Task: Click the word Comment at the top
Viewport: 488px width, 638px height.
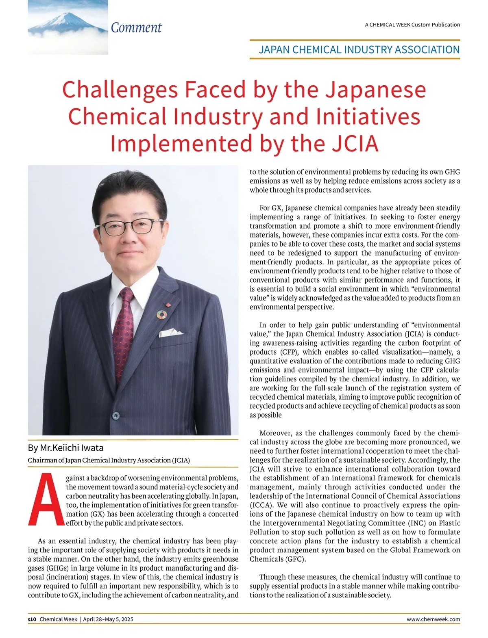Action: pyautogui.click(x=136, y=28)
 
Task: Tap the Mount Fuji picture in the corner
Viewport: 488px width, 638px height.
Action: pyautogui.click(x=68, y=27)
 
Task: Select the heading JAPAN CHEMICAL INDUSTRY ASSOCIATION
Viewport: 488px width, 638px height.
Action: pyautogui.click(x=359, y=50)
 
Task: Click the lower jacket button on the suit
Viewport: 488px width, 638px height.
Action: pyautogui.click(x=116, y=415)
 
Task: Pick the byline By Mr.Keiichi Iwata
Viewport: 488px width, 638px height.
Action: pyautogui.click(x=66, y=448)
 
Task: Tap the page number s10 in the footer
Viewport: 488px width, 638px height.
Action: pyautogui.click(x=32, y=619)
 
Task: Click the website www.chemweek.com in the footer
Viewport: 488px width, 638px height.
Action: pyautogui.click(x=433, y=619)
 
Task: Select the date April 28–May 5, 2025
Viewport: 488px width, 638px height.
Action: pyautogui.click(x=108, y=619)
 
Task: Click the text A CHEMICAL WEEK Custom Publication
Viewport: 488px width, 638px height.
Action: pyautogui.click(x=412, y=25)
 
